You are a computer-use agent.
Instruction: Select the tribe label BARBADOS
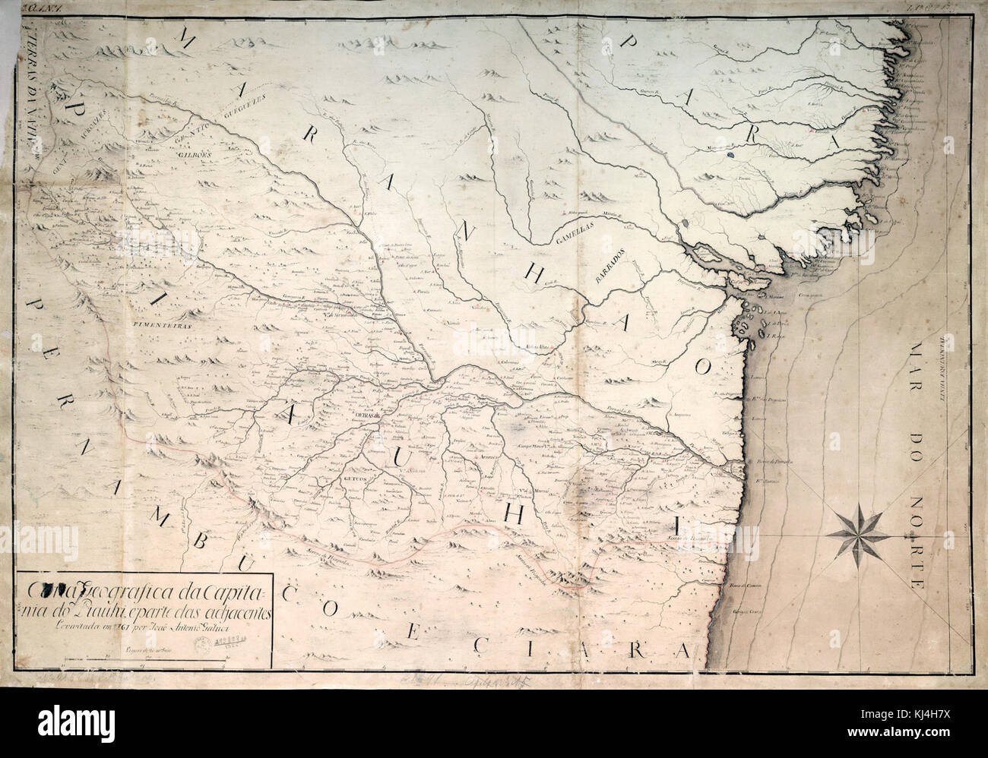click(x=609, y=264)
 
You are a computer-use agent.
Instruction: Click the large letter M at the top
click(x=183, y=42)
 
